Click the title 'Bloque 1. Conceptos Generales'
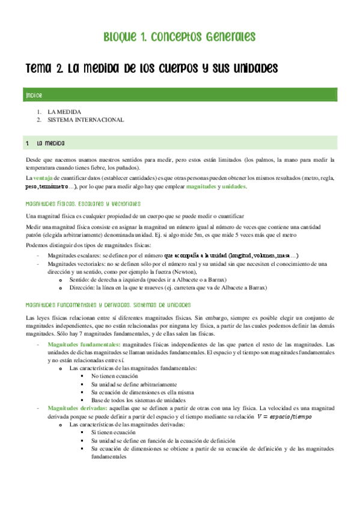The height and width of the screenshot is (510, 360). [x=180, y=37]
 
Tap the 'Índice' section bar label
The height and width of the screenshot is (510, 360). [x=34, y=96]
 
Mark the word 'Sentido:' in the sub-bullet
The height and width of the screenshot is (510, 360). [x=81, y=280]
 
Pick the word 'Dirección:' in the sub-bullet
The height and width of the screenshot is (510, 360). [x=84, y=288]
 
